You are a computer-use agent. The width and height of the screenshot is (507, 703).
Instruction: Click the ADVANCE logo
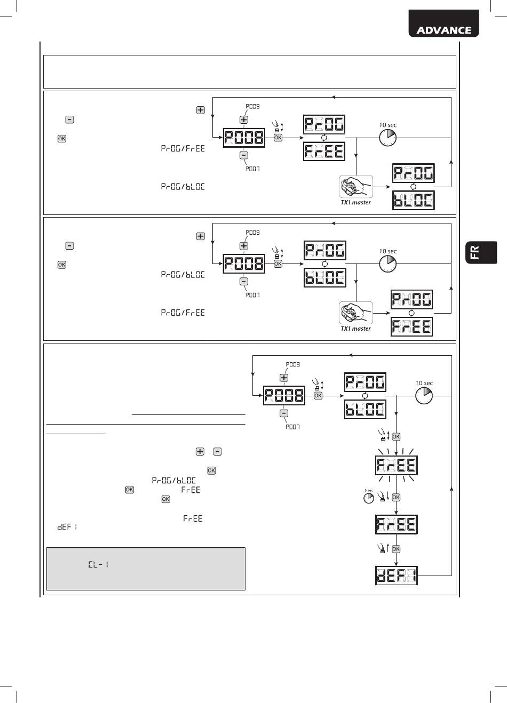(443, 30)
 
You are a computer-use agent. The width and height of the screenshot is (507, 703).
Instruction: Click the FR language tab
(475, 252)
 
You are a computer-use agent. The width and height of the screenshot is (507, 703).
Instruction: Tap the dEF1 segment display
(396, 577)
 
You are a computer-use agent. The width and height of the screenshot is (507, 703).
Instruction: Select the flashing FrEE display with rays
(396, 466)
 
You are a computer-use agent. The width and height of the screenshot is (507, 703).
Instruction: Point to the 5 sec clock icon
(368, 497)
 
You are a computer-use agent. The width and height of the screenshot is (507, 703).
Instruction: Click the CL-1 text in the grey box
(99, 564)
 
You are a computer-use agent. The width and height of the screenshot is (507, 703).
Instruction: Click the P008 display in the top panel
(243, 138)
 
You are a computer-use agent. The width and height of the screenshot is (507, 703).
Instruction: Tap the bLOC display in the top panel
(413, 201)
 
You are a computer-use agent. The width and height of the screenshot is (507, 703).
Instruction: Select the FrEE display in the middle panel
(411, 326)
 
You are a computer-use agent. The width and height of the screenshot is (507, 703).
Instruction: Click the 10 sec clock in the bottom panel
(424, 396)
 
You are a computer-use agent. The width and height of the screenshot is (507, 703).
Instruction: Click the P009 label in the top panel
(252, 106)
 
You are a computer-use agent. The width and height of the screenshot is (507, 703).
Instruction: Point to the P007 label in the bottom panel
(292, 427)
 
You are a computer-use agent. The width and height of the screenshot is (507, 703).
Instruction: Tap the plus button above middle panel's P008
(244, 246)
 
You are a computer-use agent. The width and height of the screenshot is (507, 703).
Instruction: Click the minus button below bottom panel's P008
(284, 413)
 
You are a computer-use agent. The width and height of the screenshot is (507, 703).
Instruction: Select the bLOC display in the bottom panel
(365, 410)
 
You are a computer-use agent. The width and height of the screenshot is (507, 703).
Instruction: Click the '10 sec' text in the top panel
(388, 125)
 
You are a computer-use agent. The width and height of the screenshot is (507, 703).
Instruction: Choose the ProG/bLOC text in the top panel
(183, 187)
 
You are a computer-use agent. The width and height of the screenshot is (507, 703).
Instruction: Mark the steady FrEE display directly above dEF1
(396, 524)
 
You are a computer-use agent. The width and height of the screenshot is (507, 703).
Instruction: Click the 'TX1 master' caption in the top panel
(355, 203)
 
